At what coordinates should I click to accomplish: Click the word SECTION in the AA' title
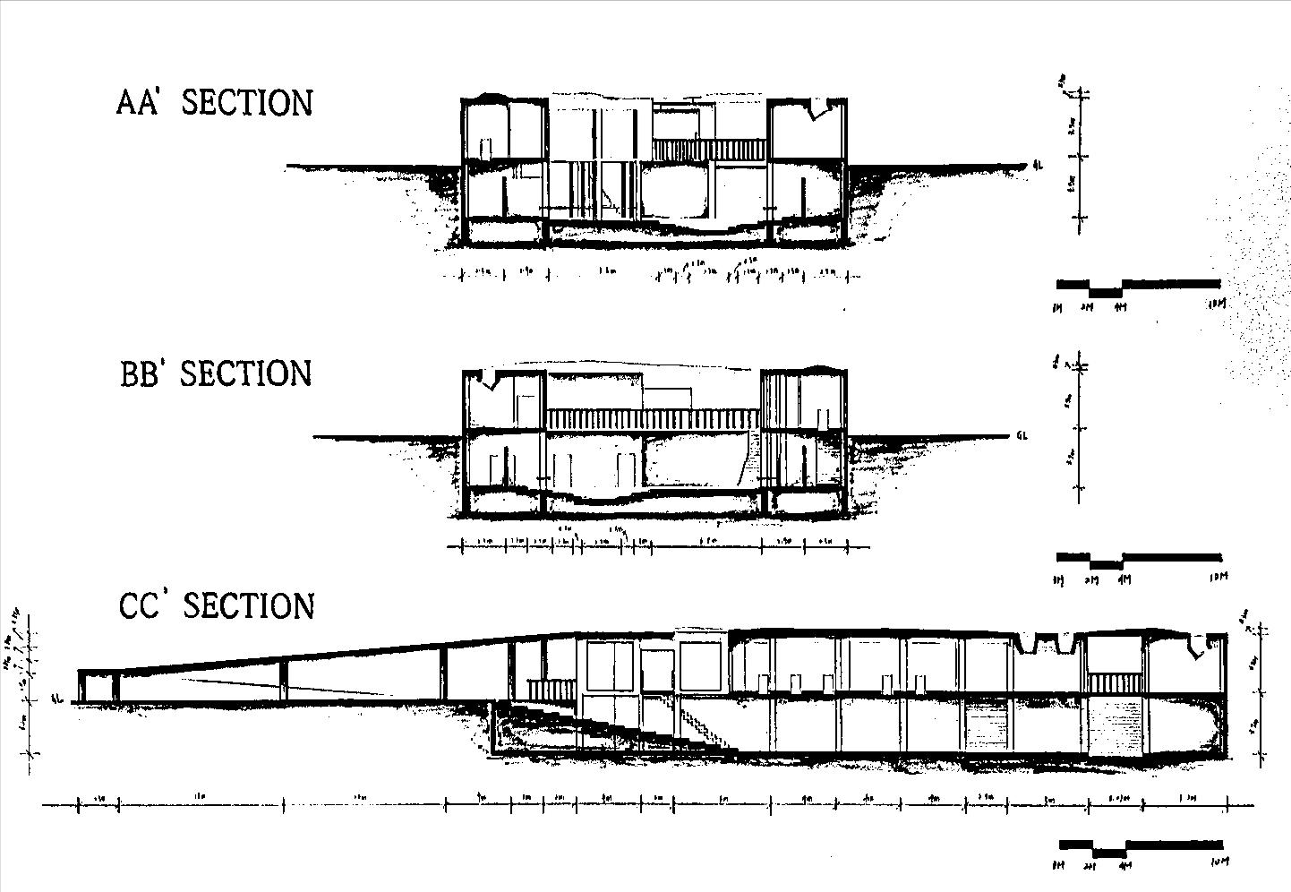[x=247, y=103]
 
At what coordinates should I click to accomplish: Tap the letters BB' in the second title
[x=140, y=374]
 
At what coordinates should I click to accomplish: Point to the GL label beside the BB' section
[x=1023, y=437]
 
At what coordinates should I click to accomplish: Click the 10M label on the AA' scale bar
[x=1215, y=304]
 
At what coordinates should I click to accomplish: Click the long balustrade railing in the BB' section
[x=653, y=418]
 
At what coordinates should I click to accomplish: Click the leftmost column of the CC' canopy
[x=80, y=686]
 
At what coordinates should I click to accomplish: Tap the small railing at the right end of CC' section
[x=1115, y=682]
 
